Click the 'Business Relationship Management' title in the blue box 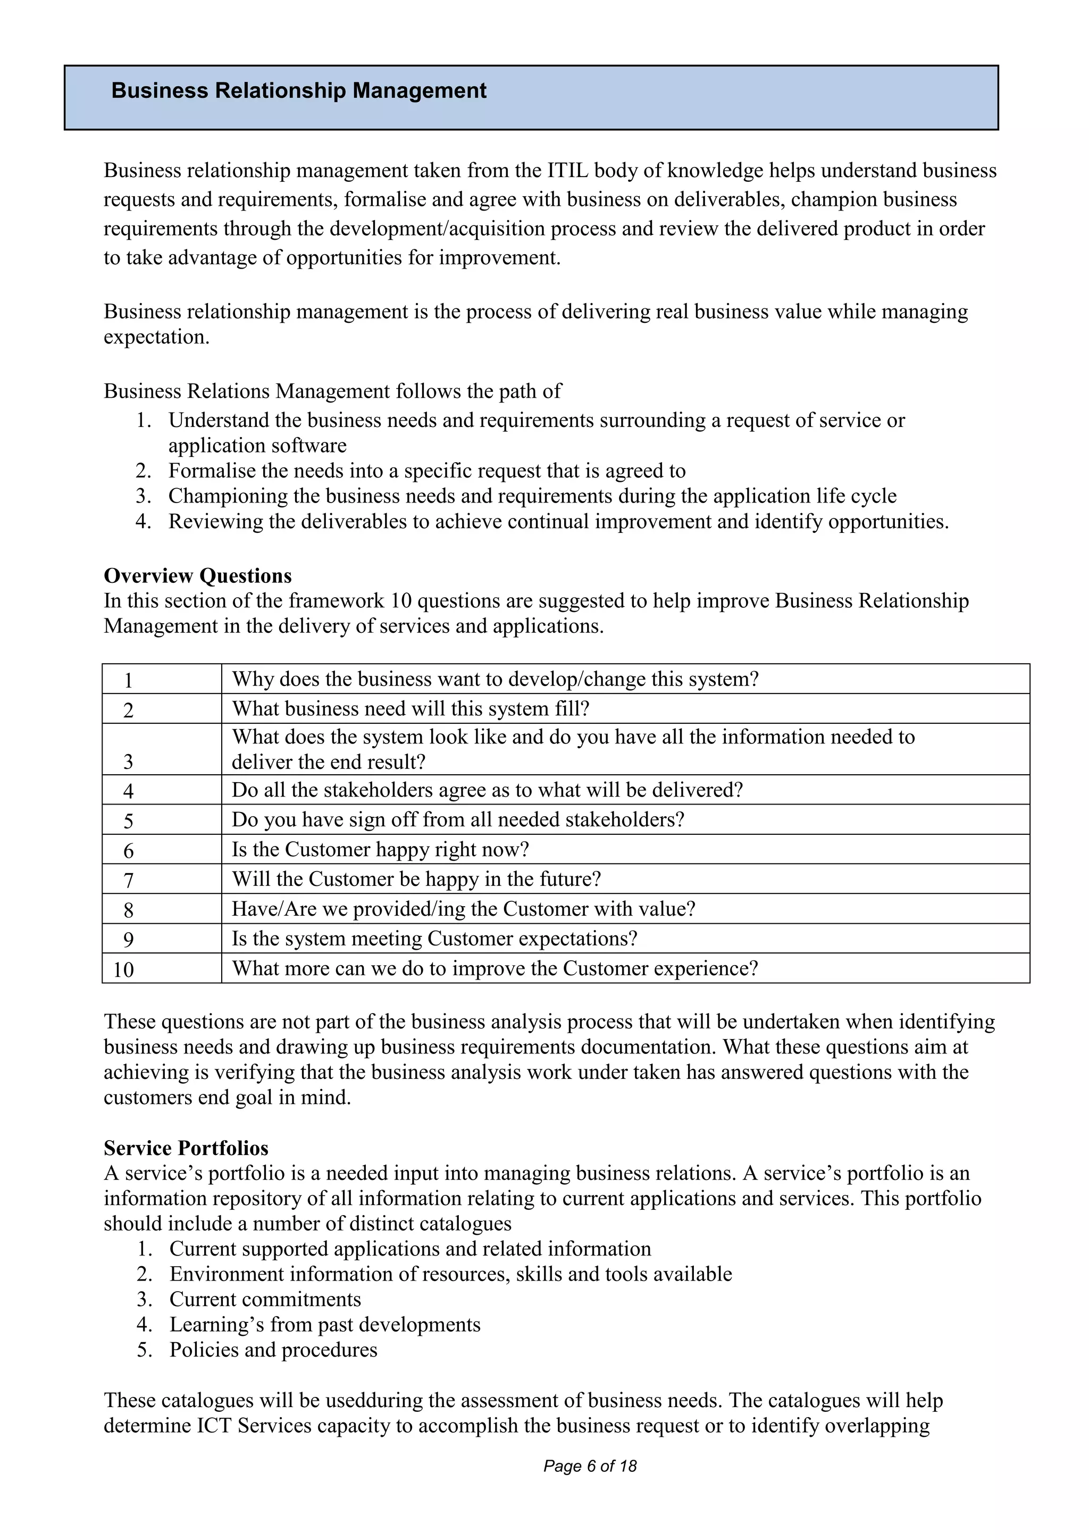[x=298, y=90]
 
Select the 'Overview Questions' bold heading [x=198, y=575]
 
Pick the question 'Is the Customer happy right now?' [x=380, y=849]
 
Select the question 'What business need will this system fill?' [x=411, y=708]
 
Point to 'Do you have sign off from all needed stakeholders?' [x=458, y=819]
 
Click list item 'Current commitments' [x=265, y=1299]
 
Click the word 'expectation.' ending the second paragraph [x=156, y=337]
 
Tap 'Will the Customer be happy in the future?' [x=416, y=878]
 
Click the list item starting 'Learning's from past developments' [x=324, y=1325]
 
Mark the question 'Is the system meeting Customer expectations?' [x=434, y=939]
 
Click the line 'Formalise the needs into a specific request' [x=426, y=470]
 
